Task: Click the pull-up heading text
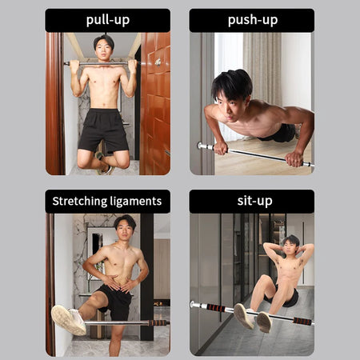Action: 108,20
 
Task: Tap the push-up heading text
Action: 253,20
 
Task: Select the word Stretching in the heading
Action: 79,201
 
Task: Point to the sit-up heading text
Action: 254,201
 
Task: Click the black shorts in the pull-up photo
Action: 103,130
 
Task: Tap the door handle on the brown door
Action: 158,62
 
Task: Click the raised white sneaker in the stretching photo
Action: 69,319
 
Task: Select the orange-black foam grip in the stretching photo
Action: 158,323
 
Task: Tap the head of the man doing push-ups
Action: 231,94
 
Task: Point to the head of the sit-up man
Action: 291,246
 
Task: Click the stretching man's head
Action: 125,228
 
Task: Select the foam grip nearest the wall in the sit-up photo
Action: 216,307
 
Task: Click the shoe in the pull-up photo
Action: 103,163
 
